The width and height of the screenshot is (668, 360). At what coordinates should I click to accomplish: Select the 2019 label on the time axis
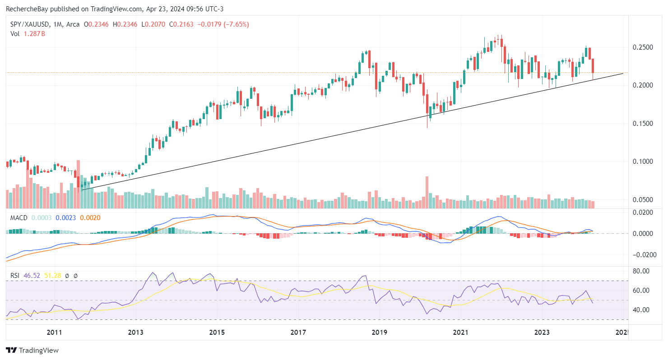tap(379, 333)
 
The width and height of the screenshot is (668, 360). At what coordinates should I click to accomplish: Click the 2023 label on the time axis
tap(542, 333)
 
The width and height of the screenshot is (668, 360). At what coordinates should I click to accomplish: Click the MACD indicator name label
tap(19, 217)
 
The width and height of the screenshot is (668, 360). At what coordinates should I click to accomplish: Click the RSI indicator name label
tap(15, 275)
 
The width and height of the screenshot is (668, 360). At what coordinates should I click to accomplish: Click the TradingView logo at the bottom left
tap(32, 350)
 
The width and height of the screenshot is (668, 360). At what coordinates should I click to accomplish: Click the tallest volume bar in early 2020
tap(427, 192)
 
